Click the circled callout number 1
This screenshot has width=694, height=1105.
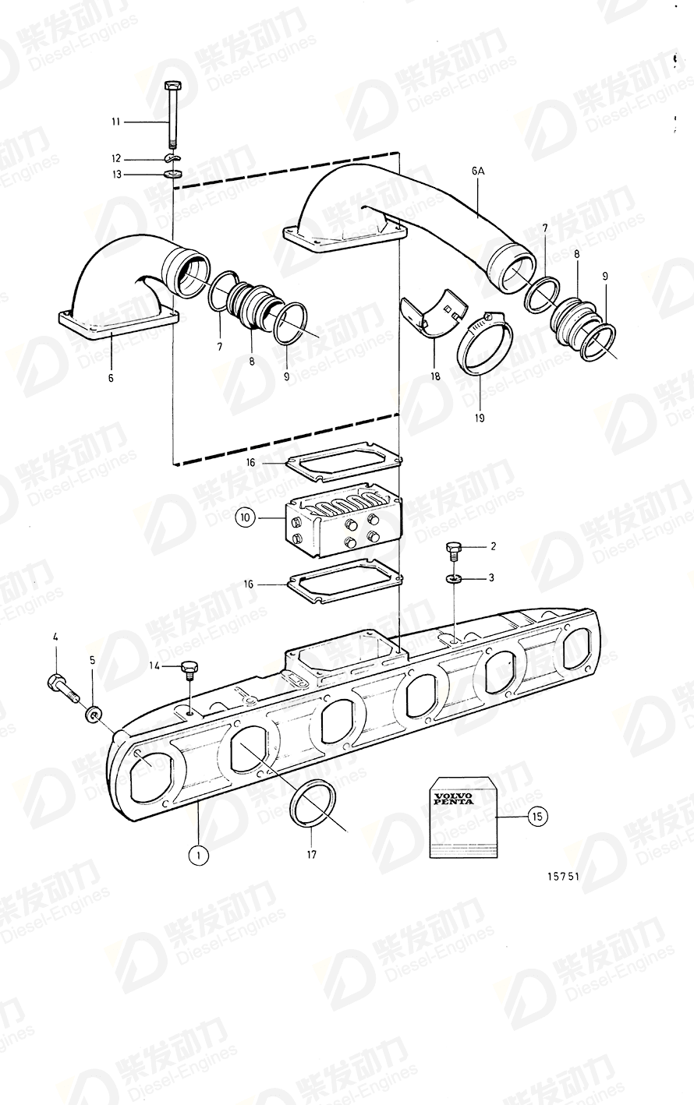[x=198, y=855]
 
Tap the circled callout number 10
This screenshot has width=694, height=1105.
[x=245, y=517]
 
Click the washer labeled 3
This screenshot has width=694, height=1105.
[x=455, y=579]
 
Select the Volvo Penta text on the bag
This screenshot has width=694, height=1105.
[x=454, y=799]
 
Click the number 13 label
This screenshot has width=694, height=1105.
[x=117, y=175]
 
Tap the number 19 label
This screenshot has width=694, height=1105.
[x=479, y=418]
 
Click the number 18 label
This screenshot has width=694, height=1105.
[x=435, y=376]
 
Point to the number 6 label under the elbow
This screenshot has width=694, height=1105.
[x=111, y=378]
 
